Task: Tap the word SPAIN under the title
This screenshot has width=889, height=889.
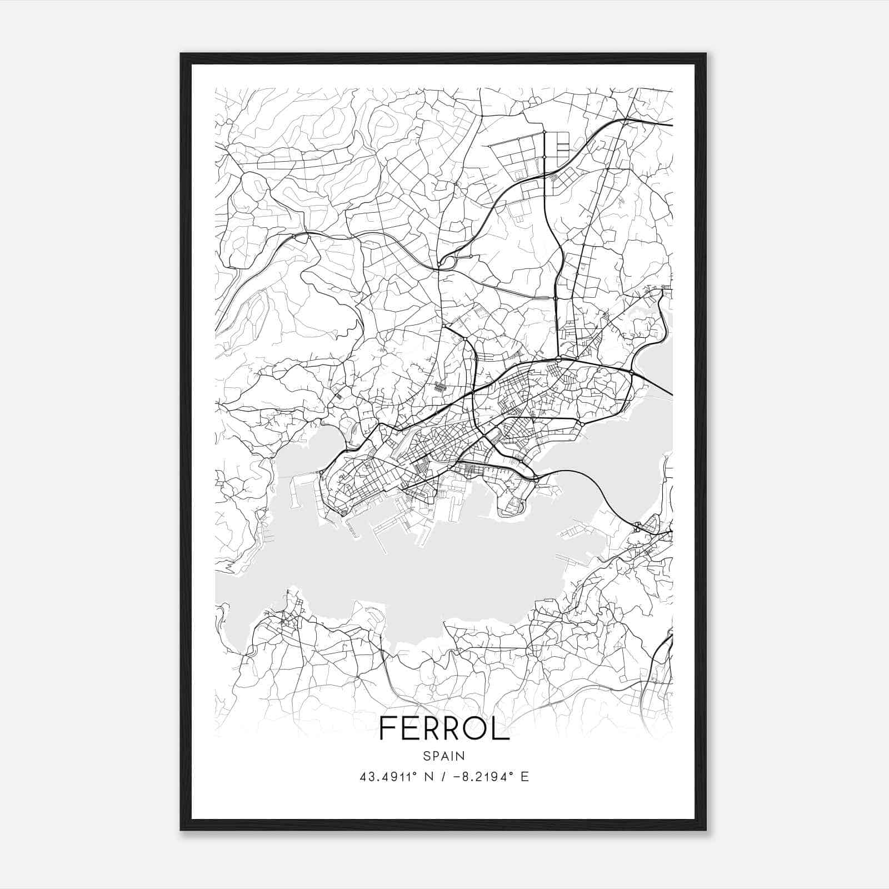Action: tap(444, 756)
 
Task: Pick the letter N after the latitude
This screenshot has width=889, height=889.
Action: tap(428, 777)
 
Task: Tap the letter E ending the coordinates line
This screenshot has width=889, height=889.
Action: tap(525, 777)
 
